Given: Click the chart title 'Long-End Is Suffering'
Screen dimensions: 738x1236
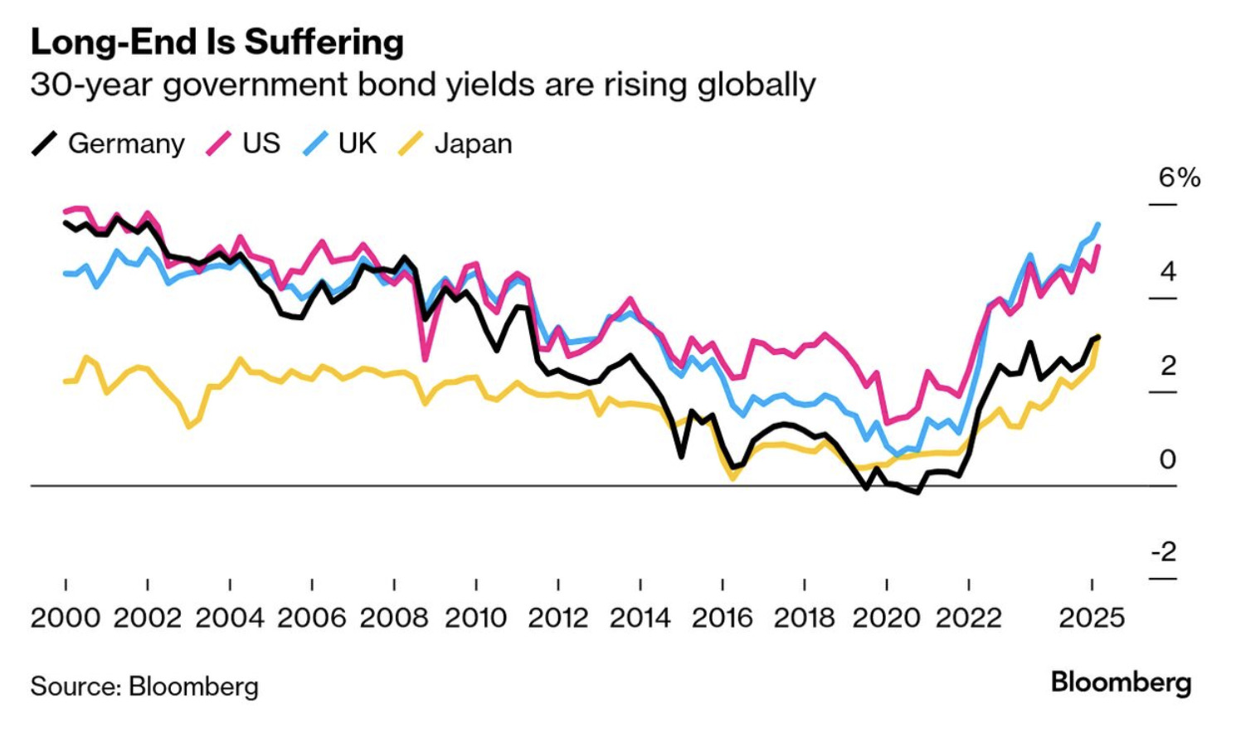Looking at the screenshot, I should [217, 42].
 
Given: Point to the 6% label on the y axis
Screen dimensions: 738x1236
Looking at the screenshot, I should [1179, 177].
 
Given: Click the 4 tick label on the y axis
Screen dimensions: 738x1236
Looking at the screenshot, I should [1168, 271].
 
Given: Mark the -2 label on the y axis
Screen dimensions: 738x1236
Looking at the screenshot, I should [1163, 551].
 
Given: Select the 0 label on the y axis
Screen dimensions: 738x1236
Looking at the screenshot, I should [1168, 459].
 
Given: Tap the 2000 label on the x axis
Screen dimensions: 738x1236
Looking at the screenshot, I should [66, 618].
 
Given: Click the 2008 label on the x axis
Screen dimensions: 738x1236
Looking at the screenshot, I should [394, 618].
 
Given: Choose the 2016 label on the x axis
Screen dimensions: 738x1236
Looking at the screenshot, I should [723, 618].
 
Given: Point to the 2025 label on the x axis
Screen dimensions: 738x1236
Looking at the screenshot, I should [1092, 618].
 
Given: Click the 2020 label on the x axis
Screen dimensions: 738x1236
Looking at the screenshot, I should [887, 618].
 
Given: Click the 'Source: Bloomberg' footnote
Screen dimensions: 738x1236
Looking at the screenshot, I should [144, 687].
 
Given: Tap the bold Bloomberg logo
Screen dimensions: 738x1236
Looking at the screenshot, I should [1121, 682].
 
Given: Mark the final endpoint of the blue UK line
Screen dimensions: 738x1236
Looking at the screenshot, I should [1098, 224].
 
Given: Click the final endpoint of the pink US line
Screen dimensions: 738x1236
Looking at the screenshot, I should [1098, 246].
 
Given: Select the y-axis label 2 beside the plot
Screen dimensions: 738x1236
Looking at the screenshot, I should [1168, 365].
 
